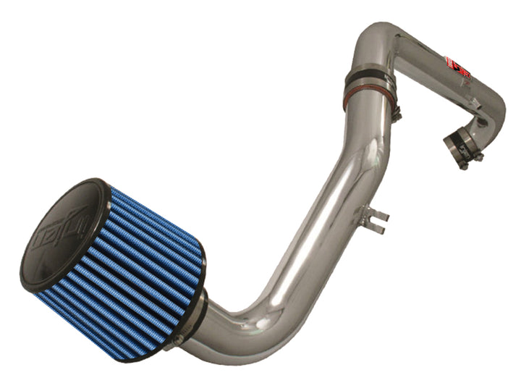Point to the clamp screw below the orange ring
click(x=396, y=113)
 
